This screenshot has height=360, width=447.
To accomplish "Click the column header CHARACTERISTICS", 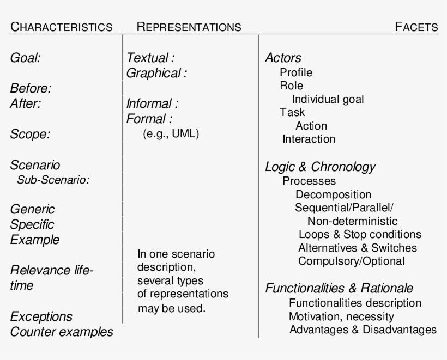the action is click(61, 27).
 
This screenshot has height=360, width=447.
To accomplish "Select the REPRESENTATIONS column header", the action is click(189, 27).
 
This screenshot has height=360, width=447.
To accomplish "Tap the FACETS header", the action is click(416, 27).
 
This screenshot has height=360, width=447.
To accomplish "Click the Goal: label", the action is click(25, 58).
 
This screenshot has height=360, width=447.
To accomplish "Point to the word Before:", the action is click(31, 88).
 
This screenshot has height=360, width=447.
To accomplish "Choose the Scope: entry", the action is click(30, 134).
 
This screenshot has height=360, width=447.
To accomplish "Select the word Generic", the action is click(32, 209).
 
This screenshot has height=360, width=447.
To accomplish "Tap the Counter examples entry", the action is click(62, 332).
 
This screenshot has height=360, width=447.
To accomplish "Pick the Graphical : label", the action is click(156, 73).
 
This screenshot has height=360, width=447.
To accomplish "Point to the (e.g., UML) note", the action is click(171, 134).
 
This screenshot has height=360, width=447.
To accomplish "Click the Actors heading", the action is click(283, 58).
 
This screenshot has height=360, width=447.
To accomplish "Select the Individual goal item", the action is click(328, 99).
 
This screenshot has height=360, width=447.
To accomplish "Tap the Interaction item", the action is click(309, 139).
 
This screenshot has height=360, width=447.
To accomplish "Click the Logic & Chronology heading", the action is click(320, 167).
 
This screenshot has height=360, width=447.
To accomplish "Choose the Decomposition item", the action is click(333, 194).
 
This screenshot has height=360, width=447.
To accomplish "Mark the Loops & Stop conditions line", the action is click(360, 234).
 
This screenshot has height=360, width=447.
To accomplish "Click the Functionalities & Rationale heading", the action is click(339, 288).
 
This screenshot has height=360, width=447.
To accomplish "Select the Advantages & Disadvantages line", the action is click(363, 330).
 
